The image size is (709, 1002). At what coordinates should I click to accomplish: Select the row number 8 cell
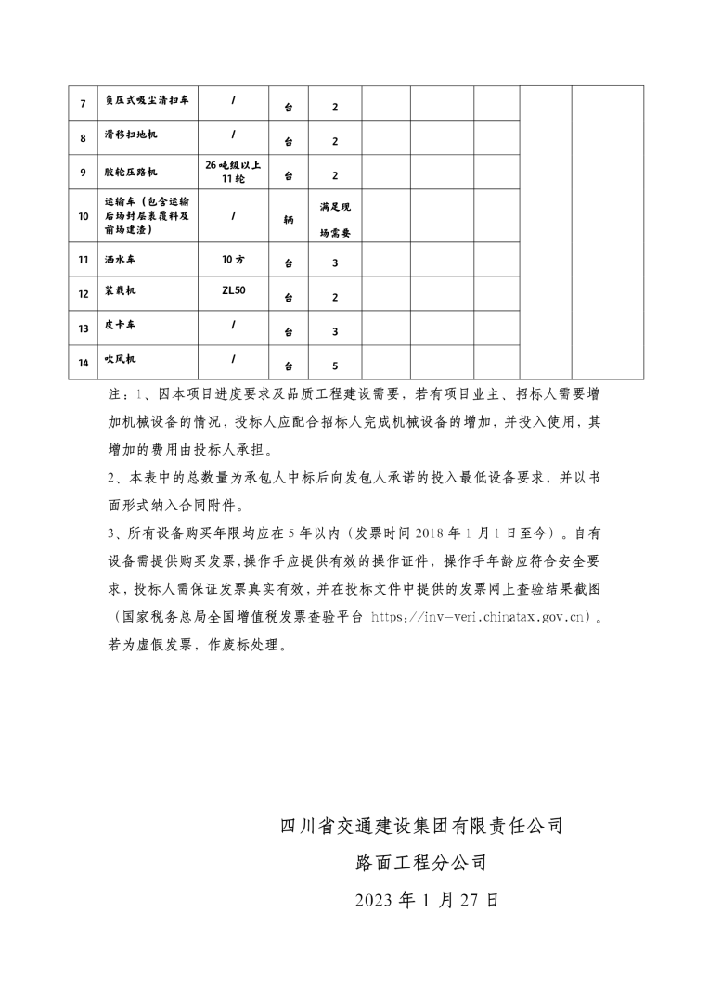[84, 137]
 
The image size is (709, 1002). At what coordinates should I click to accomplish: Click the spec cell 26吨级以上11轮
[233, 172]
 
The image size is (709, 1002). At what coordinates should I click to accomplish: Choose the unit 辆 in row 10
[289, 219]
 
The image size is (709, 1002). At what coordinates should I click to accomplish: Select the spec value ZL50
[233, 291]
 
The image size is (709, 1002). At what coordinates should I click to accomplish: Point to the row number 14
[84, 363]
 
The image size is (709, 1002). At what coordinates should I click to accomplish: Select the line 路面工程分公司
[421, 862]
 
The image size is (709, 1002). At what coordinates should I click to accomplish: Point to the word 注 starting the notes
[114, 393]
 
